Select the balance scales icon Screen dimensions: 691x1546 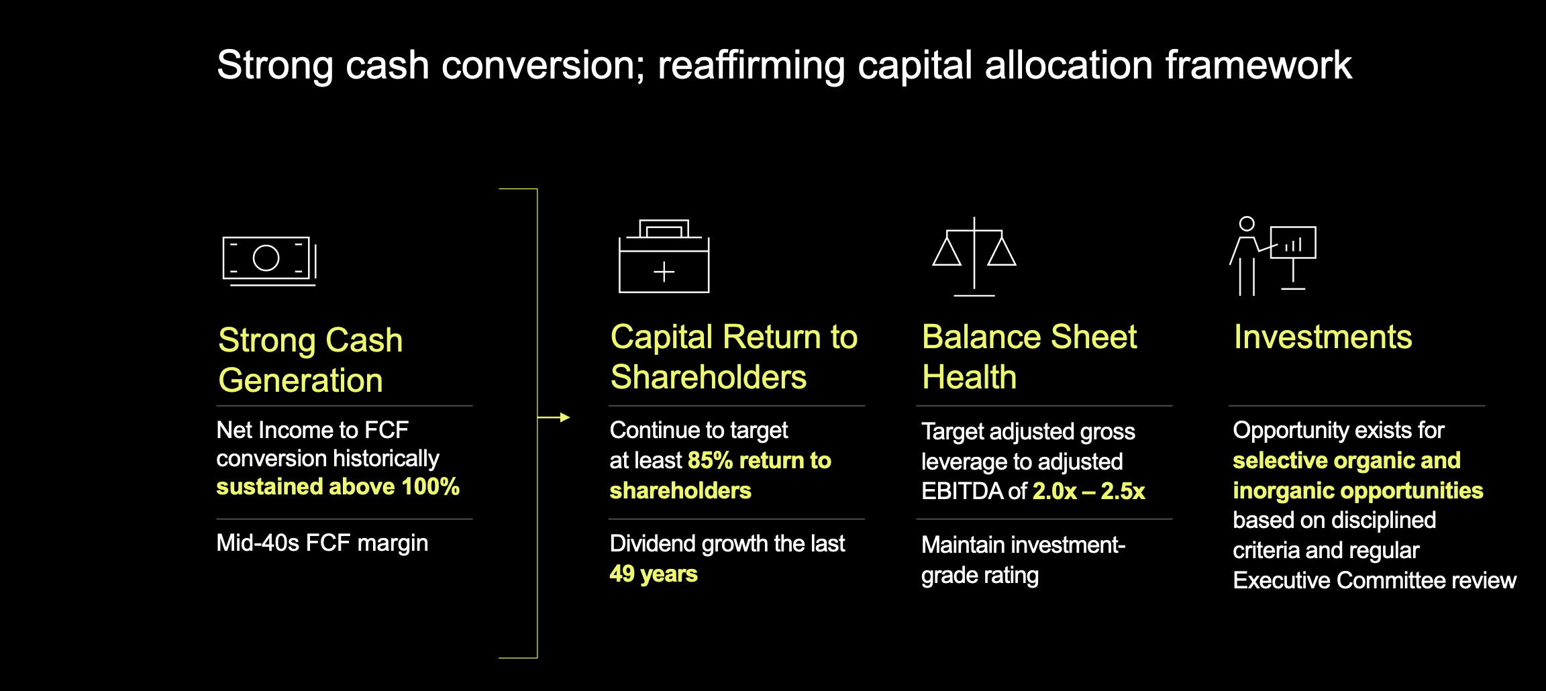[x=974, y=257]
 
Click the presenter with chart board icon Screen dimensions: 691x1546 [x=1273, y=257]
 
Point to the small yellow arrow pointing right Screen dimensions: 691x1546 [x=556, y=417]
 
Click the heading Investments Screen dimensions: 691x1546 [x=1323, y=337]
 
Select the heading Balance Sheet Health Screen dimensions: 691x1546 [x=1029, y=356]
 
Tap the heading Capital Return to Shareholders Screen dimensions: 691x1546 [x=733, y=356]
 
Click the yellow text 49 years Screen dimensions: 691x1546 [x=653, y=574]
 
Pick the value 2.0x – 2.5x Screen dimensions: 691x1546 [x=1088, y=491]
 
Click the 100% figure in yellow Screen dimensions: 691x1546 [x=430, y=486]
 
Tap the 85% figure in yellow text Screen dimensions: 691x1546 [x=710, y=460]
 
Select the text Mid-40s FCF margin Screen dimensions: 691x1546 [x=322, y=543]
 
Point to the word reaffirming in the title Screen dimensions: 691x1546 [x=751, y=66]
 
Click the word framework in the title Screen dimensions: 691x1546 [x=1258, y=66]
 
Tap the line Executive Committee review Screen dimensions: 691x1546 [x=1374, y=580]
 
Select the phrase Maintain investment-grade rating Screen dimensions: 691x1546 [x=1022, y=560]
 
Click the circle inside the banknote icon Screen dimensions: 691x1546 [x=266, y=258]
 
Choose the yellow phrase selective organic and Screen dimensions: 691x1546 [x=1346, y=460]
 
